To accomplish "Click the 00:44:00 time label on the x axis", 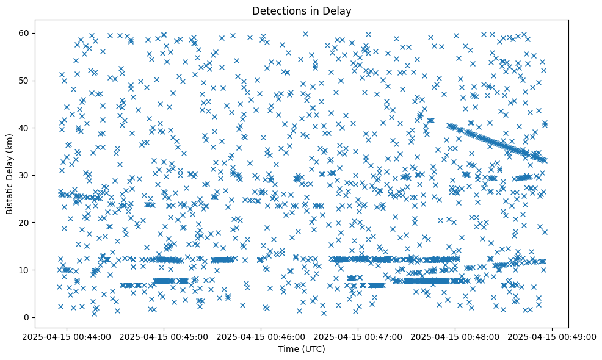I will pyautogui.click(x=67, y=336).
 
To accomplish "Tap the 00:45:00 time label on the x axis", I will pyautogui.click(x=164, y=336).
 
